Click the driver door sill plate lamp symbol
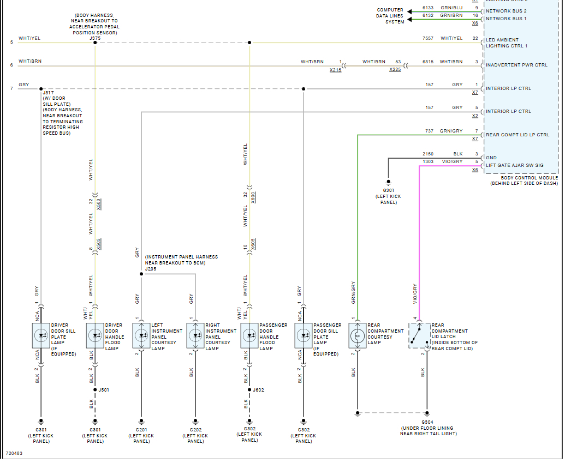point(41,336)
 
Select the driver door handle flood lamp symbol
point(95,336)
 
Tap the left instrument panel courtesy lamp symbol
point(141,336)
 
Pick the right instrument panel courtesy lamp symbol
point(195,336)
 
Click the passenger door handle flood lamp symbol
point(249,336)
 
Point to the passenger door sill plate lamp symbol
point(303,336)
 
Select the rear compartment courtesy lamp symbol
point(357,336)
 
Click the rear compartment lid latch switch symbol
point(419,335)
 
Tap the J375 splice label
point(95,38)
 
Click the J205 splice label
point(151,268)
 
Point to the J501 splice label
point(104,390)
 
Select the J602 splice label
point(258,390)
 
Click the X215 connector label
point(335,70)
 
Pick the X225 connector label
point(395,70)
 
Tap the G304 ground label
point(427,422)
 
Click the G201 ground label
point(141,430)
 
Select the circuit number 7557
point(427,38)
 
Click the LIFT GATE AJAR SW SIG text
point(515,165)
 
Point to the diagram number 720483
point(15,454)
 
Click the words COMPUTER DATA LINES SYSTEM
point(390,16)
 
